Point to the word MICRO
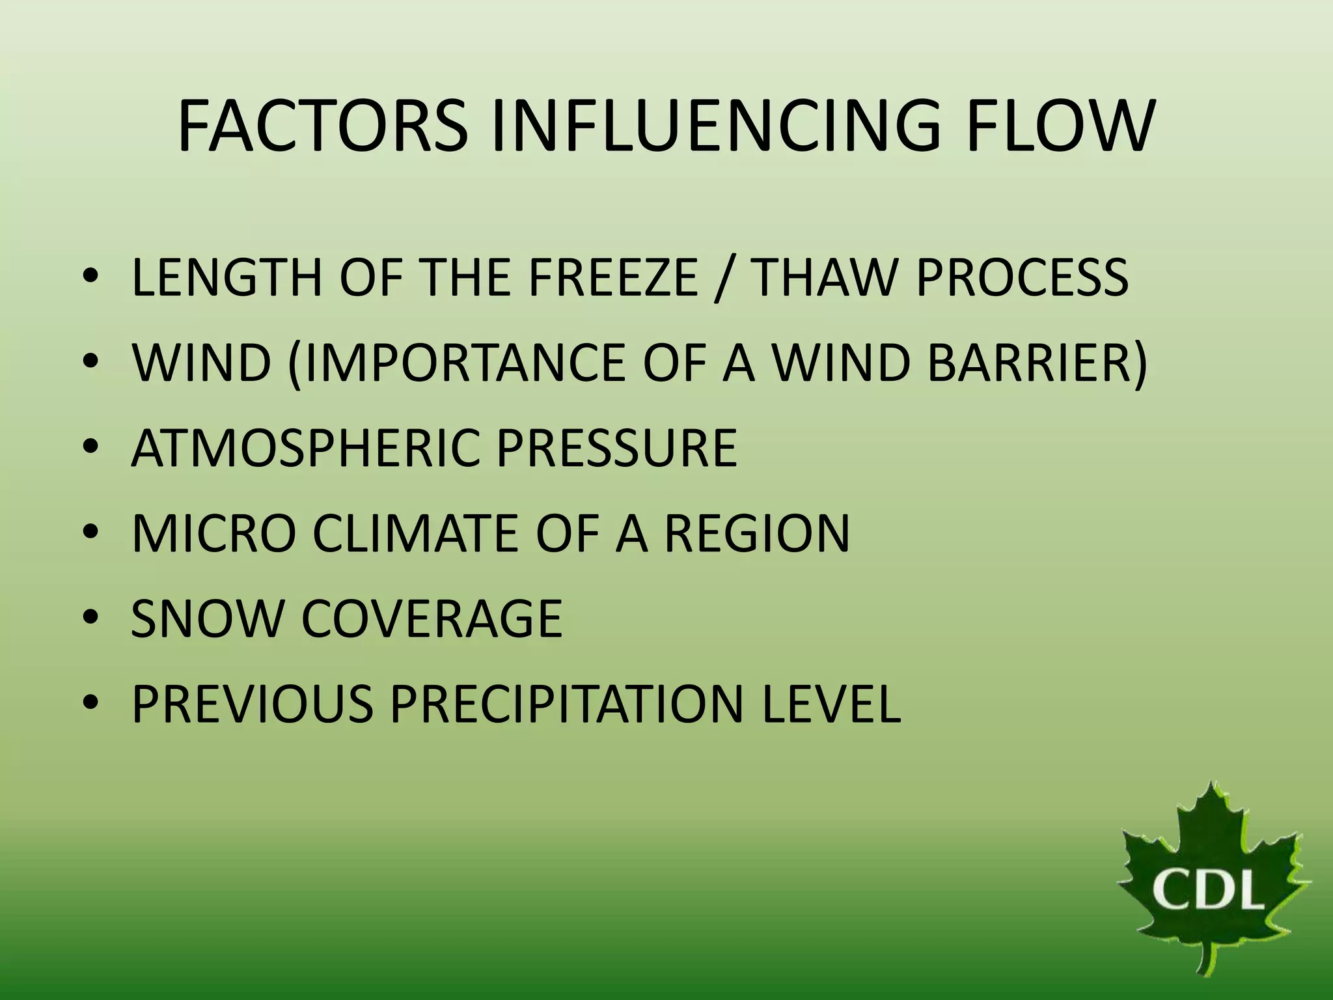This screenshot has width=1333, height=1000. click(214, 533)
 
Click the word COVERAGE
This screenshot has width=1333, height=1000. click(432, 618)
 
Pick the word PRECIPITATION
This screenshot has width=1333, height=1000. click(566, 704)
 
